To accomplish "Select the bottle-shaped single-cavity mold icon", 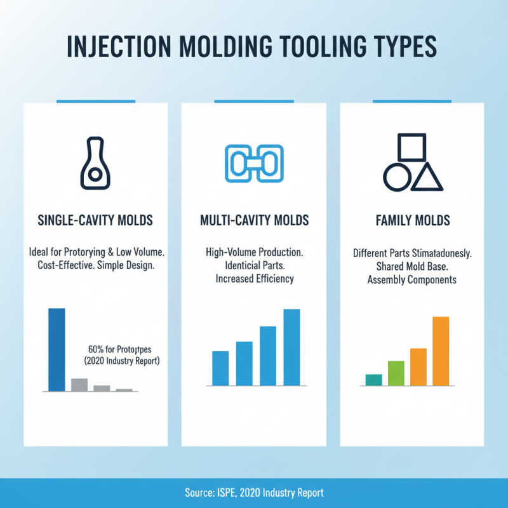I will (95, 163).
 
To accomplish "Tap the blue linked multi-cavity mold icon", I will (253, 164).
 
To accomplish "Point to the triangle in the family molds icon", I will (427, 177).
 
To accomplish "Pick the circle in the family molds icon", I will (397, 178).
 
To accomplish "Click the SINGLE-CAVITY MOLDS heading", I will (95, 221).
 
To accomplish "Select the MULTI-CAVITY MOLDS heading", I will (254, 221).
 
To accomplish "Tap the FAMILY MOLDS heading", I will (413, 221).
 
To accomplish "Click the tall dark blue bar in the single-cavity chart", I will (57, 349).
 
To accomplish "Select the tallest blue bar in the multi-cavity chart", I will (291, 347).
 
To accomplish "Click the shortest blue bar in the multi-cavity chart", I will (220, 368).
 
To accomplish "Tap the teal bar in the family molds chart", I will (373, 380).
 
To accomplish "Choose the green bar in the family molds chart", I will (396, 373).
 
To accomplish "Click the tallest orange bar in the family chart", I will (441, 351).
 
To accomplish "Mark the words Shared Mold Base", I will (412, 267).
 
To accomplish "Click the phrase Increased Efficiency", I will (253, 279).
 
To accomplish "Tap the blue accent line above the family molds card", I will (412, 101).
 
